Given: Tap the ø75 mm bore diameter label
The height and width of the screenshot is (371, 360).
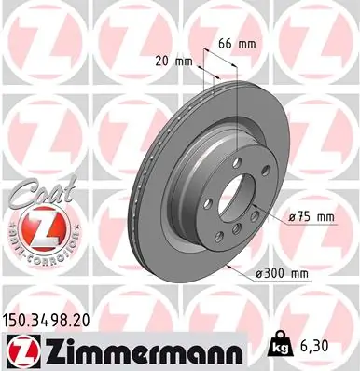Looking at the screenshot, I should (x=312, y=217).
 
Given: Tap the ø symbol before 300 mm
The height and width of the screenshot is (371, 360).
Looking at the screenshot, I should (x=261, y=273).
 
